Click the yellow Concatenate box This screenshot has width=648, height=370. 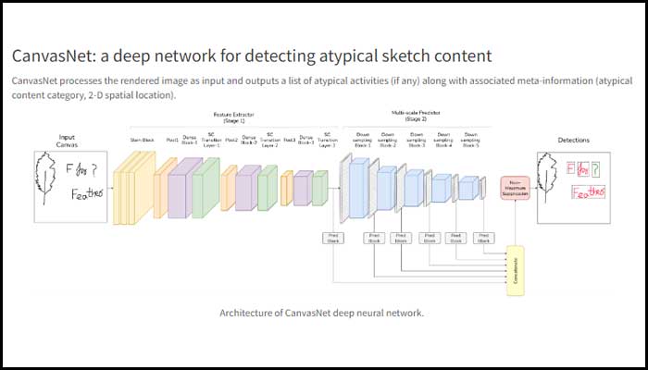pos(514,271)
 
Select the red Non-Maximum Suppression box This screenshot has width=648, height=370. pos(514,187)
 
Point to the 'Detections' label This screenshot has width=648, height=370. pos(573,140)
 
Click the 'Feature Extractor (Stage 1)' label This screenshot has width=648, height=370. pos(230,117)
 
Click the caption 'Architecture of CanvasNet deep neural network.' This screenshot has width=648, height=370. pos(321,313)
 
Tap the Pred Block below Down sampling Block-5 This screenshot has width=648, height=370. pos(481,239)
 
